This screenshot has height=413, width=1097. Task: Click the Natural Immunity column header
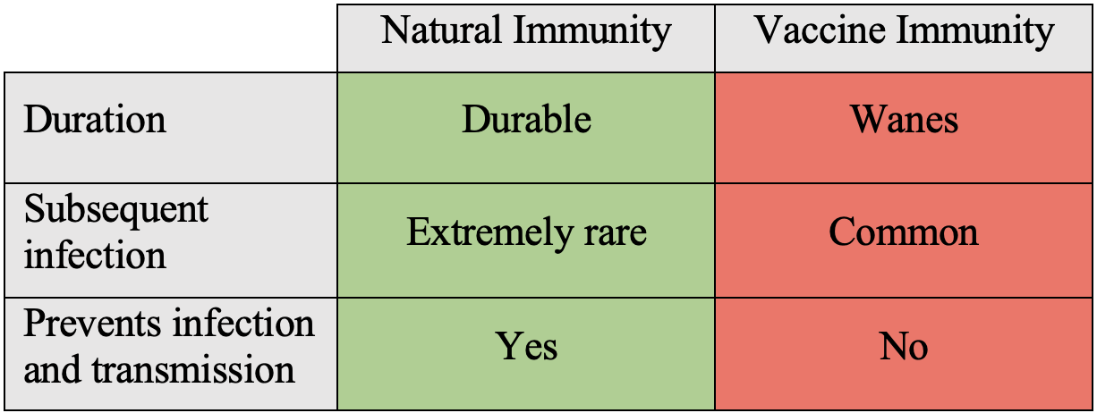(x=526, y=38)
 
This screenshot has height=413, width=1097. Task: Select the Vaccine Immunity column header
(x=904, y=38)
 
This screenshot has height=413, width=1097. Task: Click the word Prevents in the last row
(x=92, y=323)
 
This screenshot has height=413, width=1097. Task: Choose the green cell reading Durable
(x=526, y=128)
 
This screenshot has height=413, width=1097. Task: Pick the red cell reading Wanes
(x=904, y=128)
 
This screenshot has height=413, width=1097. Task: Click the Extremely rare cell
(x=526, y=240)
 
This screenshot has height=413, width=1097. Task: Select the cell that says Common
(x=904, y=240)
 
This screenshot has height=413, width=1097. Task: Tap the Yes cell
(x=526, y=353)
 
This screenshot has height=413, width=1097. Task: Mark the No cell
(x=904, y=353)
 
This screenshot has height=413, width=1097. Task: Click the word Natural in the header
(x=442, y=29)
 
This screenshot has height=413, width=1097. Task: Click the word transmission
(x=193, y=369)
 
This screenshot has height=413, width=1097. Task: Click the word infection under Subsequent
(x=95, y=255)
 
